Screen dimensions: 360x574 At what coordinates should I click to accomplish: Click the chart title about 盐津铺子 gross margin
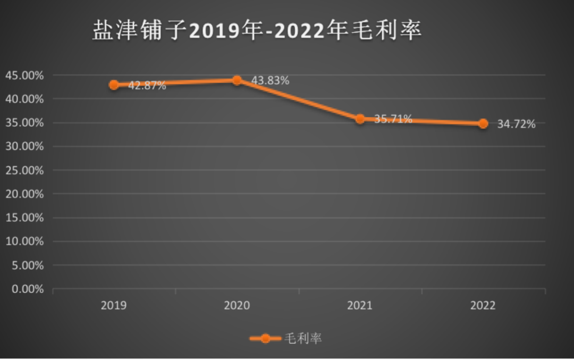coord(257,31)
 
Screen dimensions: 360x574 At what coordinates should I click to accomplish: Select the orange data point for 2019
coord(114,85)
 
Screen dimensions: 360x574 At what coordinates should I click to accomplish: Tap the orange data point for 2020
coord(237,80)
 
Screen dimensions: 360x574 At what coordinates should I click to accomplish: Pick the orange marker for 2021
coord(360,119)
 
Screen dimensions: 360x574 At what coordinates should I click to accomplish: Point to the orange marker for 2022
coord(483,123)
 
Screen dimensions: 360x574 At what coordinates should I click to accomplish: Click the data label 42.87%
coord(147,85)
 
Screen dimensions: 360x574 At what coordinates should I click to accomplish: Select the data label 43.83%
coord(270,81)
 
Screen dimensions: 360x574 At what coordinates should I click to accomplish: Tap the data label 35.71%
coord(393,119)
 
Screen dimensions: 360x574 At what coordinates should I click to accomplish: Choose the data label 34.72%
coord(516,124)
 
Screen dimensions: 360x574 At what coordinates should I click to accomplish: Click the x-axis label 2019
coord(114,306)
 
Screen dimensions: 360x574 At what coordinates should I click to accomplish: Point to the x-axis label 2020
coord(237,306)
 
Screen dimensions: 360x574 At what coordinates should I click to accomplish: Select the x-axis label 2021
coord(360,306)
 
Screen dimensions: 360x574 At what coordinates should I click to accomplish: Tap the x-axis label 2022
coord(483,306)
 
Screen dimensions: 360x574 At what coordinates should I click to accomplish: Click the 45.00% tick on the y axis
coord(24,76)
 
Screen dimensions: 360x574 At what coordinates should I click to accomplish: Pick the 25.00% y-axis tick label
coord(24,170)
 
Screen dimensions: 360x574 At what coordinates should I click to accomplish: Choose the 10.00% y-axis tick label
coord(24,241)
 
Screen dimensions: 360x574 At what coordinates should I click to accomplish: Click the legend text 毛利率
coord(303,338)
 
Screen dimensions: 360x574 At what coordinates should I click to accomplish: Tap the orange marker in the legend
coord(265,338)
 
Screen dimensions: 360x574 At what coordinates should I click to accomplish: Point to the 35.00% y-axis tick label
coord(24,123)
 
